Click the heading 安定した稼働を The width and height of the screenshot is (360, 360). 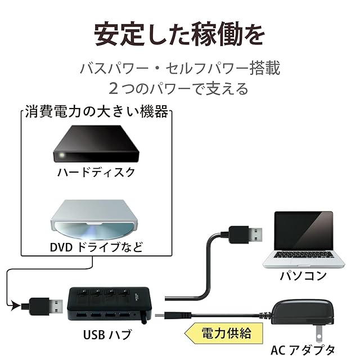pos(179,34)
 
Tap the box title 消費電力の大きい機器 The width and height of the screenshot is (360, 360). pos(96,112)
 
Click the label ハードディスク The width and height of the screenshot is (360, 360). pos(96,172)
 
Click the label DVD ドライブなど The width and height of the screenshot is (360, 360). pos(96,246)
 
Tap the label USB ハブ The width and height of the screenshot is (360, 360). pos(107,336)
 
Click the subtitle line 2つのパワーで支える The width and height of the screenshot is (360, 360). pos(179,88)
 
